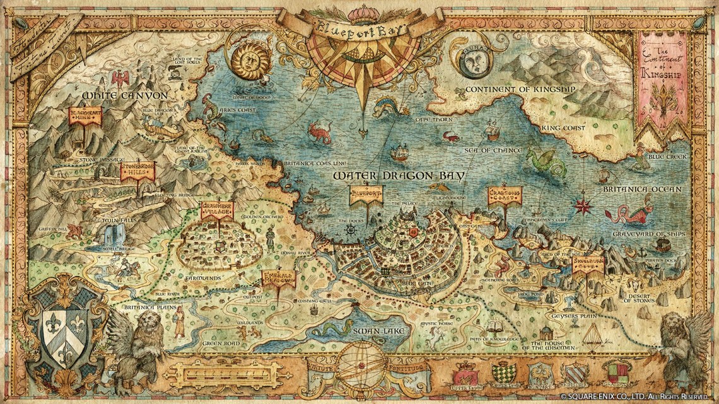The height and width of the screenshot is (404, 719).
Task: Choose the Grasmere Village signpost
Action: point(216,211)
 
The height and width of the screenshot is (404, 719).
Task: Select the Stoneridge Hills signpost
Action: point(137,171)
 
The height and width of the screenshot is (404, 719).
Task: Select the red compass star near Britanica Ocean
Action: point(583,205)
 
